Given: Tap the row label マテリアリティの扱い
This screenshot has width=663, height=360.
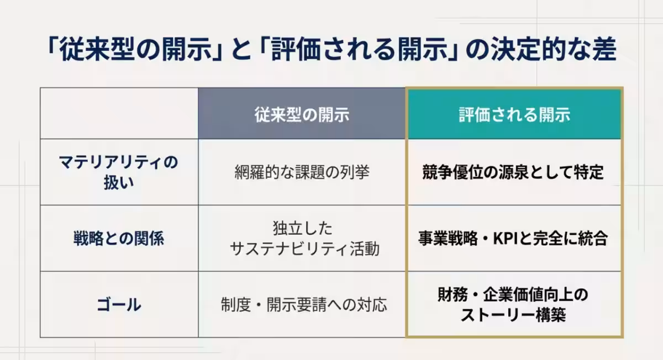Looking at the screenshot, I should (119, 172).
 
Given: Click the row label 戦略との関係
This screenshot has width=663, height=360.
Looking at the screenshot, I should (119, 239).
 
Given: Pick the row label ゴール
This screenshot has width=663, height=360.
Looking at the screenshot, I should (119, 304).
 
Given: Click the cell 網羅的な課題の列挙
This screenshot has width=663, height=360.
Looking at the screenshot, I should (302, 172).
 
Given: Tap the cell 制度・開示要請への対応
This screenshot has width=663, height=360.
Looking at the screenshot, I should (302, 304).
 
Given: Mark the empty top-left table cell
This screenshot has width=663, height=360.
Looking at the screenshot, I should (119, 113).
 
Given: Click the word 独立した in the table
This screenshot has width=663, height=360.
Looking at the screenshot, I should (303, 228).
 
